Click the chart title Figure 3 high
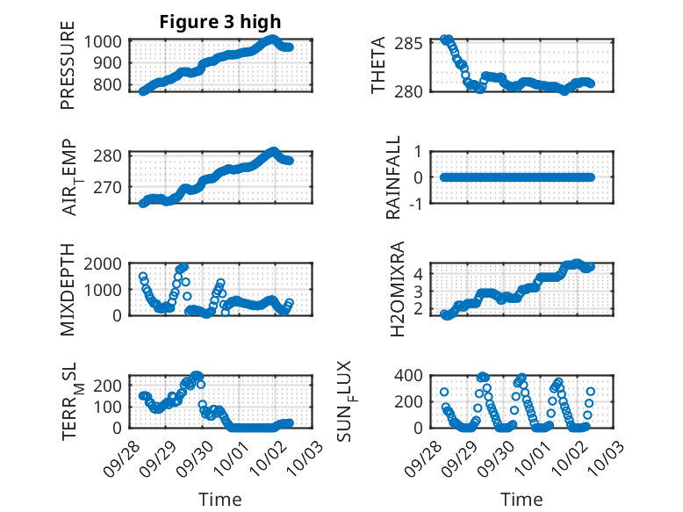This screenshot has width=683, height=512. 220,22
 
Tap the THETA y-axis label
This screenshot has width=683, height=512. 378,65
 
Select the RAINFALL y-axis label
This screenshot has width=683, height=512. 394,177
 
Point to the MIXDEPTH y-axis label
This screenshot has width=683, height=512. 68,290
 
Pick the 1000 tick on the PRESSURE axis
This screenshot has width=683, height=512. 106,41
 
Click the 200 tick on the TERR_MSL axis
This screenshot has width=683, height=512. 110,384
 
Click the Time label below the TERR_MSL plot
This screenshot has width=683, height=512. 219,499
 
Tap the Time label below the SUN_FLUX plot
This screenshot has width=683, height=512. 521,499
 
